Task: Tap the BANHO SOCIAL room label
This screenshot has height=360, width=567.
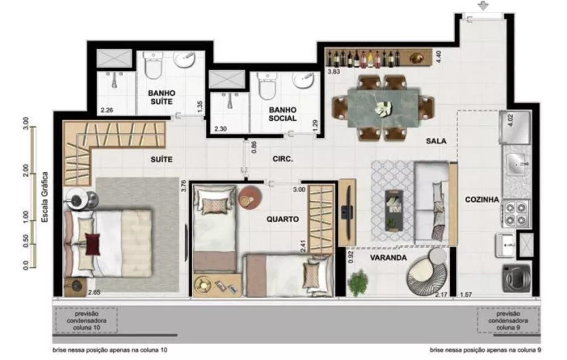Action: [283, 114]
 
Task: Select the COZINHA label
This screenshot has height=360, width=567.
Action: [481, 200]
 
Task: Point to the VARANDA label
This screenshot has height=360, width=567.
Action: [389, 257]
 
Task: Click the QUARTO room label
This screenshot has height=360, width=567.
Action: [282, 219]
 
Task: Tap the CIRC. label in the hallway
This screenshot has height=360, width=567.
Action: [282, 159]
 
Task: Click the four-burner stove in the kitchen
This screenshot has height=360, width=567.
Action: [515, 214]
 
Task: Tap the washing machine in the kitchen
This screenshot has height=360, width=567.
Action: [516, 278]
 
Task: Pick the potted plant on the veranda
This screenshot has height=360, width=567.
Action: [358, 282]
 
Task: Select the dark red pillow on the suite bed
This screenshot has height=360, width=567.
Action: [91, 244]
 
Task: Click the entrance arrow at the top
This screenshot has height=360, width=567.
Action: [483, 6]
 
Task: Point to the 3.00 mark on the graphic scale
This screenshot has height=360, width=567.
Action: [26, 122]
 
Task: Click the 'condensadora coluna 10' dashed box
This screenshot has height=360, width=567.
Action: [87, 320]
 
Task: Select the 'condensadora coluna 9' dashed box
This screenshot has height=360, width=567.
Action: [507, 320]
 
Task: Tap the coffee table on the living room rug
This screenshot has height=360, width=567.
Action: [393, 209]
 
